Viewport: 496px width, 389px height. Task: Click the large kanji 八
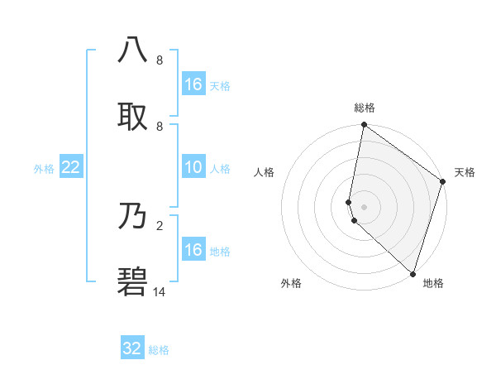click(x=132, y=50)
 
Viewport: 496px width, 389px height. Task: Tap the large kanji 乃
click(x=132, y=218)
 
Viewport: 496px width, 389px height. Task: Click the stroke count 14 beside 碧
click(x=160, y=291)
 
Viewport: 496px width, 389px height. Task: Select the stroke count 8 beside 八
click(x=159, y=60)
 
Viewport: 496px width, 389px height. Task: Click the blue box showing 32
click(x=132, y=348)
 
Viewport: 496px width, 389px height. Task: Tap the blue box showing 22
click(x=71, y=168)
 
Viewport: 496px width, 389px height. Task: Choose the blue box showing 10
click(x=193, y=168)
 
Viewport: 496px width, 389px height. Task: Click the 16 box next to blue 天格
click(x=193, y=84)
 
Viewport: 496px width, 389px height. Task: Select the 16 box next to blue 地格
click(x=193, y=250)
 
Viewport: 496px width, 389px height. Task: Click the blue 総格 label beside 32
click(x=159, y=350)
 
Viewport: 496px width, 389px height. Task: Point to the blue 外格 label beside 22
click(x=44, y=169)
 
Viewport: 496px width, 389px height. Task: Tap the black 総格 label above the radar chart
click(x=365, y=108)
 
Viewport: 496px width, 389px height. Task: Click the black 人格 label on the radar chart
click(x=265, y=172)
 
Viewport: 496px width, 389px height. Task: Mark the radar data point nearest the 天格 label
click(x=443, y=182)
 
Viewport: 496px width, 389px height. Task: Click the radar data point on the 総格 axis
click(x=364, y=126)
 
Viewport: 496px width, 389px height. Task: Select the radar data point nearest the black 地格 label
click(x=413, y=273)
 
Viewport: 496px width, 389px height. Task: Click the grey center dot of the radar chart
click(x=364, y=206)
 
